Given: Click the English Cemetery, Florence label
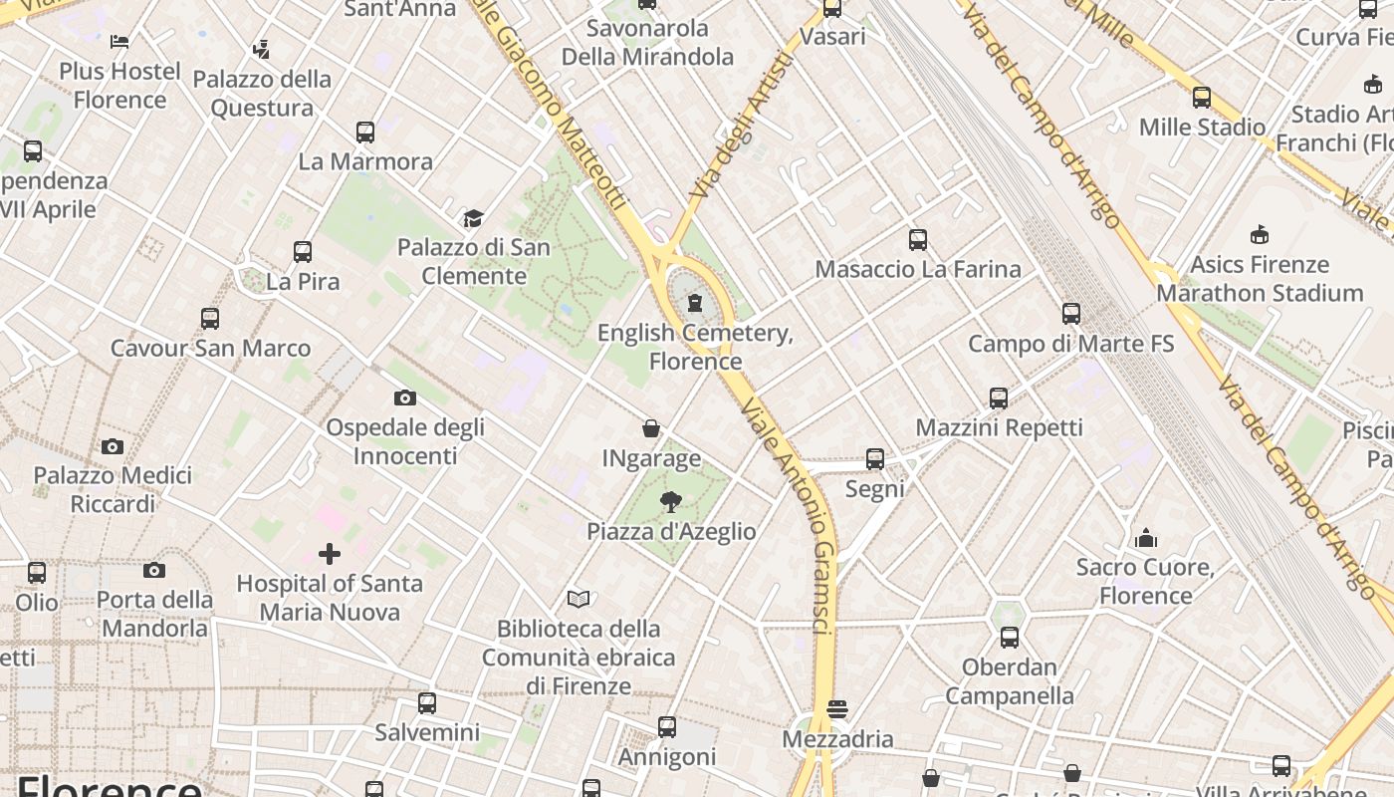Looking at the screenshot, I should (695, 346).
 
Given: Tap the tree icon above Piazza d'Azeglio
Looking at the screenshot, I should (670, 502).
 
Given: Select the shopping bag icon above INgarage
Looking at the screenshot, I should (651, 428).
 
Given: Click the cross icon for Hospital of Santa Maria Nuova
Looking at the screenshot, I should (330, 554).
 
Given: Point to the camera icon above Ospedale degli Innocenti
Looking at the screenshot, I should (404, 398).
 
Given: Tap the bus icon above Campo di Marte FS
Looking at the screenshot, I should (1071, 314).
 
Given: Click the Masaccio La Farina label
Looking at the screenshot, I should (917, 269).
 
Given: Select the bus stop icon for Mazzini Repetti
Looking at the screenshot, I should (999, 398).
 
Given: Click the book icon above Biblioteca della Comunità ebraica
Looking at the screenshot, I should (579, 599).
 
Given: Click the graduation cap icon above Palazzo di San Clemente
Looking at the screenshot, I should (473, 218).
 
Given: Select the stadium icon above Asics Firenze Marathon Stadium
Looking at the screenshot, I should (1259, 235).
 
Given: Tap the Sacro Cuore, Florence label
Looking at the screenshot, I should (1145, 581).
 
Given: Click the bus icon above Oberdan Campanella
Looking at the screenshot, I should (1010, 638).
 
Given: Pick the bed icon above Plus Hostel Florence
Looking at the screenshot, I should (119, 42).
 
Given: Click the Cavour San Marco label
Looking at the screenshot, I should (210, 349).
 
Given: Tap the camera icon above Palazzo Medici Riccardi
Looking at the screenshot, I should (113, 446).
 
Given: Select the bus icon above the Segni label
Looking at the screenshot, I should (875, 459).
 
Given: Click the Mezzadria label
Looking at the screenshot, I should (837, 739).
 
